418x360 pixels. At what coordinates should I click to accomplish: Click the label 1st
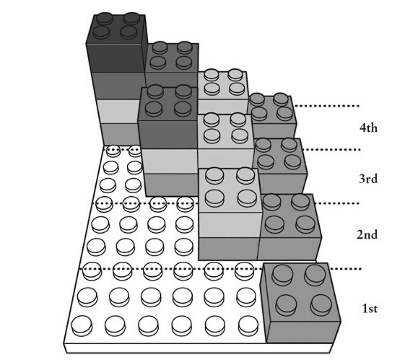(x=369, y=308)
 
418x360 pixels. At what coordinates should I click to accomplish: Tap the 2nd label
(x=367, y=235)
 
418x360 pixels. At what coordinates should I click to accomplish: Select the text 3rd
(x=368, y=179)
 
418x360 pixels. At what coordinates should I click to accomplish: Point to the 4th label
(x=368, y=128)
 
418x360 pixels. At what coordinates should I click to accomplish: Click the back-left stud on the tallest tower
(x=104, y=18)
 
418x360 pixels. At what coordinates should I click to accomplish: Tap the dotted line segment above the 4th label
(x=327, y=106)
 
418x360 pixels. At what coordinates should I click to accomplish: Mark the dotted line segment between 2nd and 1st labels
(x=346, y=269)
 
